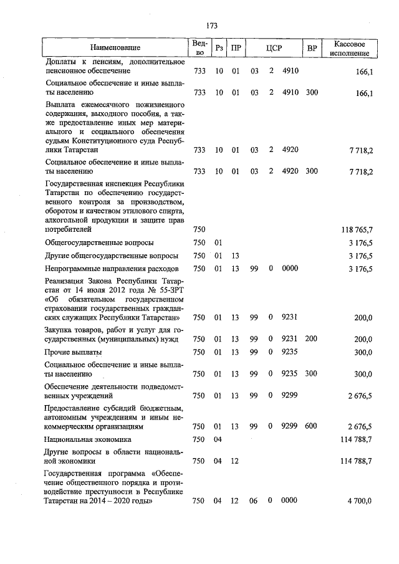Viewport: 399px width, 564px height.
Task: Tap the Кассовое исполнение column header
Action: pyautogui.click(x=353, y=47)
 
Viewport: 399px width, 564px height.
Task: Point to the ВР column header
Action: pyautogui.click(x=312, y=47)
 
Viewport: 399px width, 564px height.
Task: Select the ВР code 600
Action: pyautogui.click(x=312, y=427)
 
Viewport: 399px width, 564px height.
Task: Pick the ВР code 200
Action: pyautogui.click(x=312, y=339)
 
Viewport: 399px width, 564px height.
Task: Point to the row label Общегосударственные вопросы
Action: pyautogui.click(x=99, y=242)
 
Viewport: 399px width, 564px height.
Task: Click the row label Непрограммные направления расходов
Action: pyautogui.click(x=112, y=269)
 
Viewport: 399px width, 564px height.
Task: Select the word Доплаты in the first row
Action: pyautogui.click(x=61, y=62)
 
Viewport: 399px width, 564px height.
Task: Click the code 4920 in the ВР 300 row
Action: pyautogui.click(x=290, y=172)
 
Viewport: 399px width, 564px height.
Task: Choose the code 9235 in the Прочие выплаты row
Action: pyautogui.click(x=290, y=352)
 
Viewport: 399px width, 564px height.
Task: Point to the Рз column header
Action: pyautogui.click(x=219, y=47)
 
